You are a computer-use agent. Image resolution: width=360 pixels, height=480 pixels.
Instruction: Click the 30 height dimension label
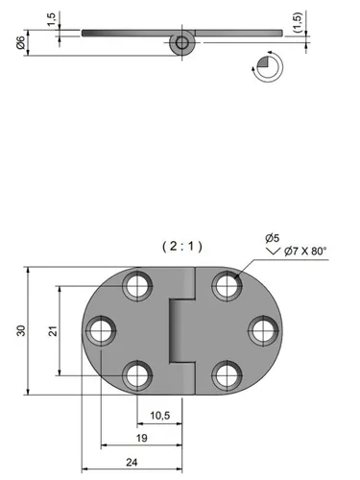point(21,330)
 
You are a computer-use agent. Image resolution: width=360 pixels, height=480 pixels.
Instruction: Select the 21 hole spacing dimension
point(53,331)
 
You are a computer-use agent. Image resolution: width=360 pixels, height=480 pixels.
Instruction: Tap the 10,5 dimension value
point(160,416)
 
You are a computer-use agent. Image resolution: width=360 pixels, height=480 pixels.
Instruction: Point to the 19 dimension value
point(142,438)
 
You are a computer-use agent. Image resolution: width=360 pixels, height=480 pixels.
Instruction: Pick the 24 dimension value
point(132,462)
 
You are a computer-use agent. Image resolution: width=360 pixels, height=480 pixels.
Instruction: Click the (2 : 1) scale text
point(182,247)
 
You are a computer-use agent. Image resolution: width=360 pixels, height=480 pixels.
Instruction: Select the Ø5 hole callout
point(273,238)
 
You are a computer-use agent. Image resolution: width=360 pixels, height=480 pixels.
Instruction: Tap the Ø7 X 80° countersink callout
point(305,251)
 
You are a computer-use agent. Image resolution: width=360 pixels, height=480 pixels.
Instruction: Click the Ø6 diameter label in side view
point(20,42)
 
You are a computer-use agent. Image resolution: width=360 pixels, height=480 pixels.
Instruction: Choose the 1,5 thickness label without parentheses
point(52,19)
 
